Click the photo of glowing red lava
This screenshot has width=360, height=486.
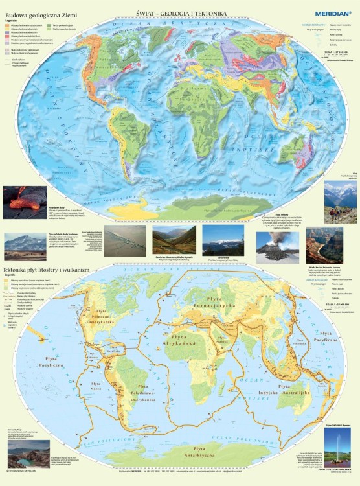point(25,202)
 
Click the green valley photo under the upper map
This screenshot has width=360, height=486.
point(174,240)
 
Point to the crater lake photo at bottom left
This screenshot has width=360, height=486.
point(28,453)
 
